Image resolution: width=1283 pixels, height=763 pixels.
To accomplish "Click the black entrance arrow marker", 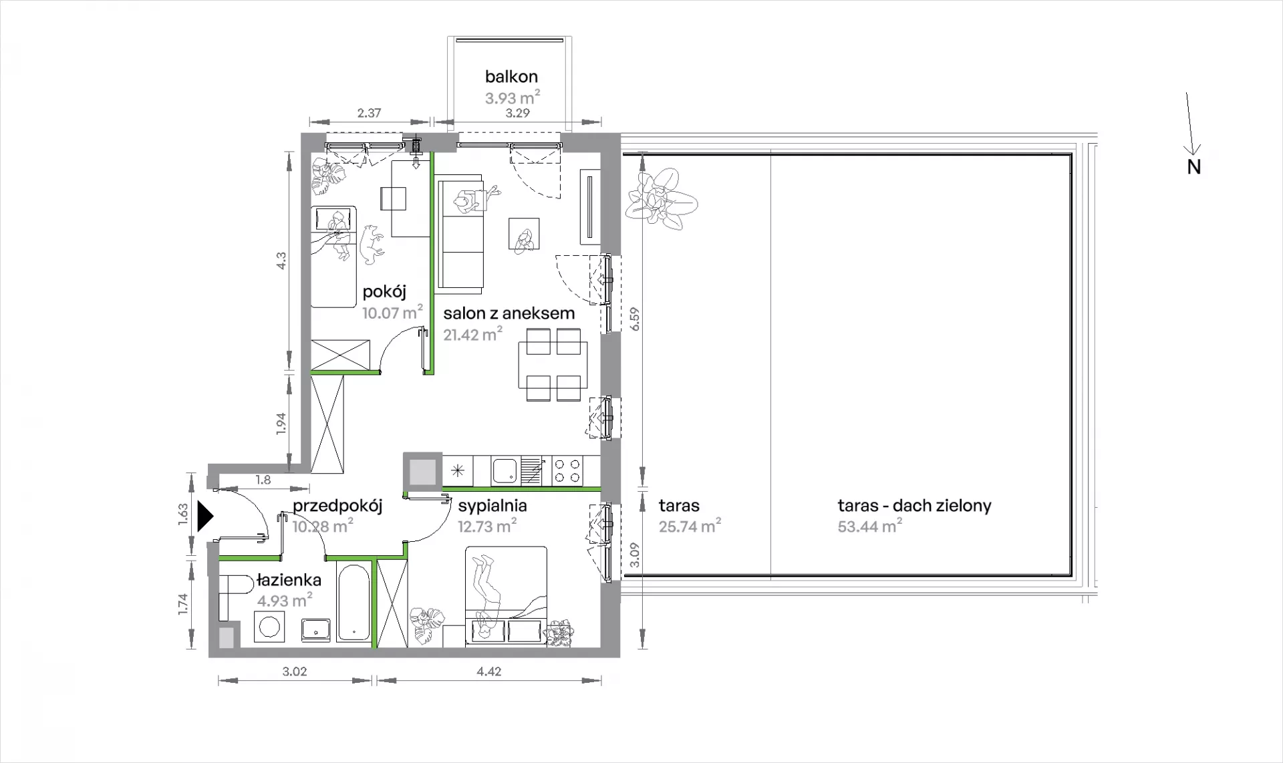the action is (204, 516).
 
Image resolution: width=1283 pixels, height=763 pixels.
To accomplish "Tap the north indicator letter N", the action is (1193, 167).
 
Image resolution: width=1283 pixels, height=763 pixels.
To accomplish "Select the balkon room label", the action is (511, 77).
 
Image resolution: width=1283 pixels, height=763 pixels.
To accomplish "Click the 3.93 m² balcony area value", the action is (512, 98).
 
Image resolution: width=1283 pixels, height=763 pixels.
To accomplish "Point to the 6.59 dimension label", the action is (635, 319).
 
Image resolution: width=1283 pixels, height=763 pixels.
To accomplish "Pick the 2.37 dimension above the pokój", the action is (369, 113).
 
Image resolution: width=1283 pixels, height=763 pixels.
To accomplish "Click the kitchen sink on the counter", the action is (505, 470).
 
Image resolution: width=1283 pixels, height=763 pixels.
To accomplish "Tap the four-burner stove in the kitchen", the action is (567, 470).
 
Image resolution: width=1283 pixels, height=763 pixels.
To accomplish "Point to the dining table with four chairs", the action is (553, 365).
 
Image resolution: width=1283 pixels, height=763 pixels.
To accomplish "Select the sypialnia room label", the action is (492, 506).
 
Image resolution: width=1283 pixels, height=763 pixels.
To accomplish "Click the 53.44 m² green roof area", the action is (869, 526).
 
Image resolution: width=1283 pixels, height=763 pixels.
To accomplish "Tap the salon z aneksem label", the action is (509, 313).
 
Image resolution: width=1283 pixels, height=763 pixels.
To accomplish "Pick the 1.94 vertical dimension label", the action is (281, 424).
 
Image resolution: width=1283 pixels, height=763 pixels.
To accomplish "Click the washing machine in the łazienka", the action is (271, 627).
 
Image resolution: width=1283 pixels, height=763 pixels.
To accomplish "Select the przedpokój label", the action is (337, 506).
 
